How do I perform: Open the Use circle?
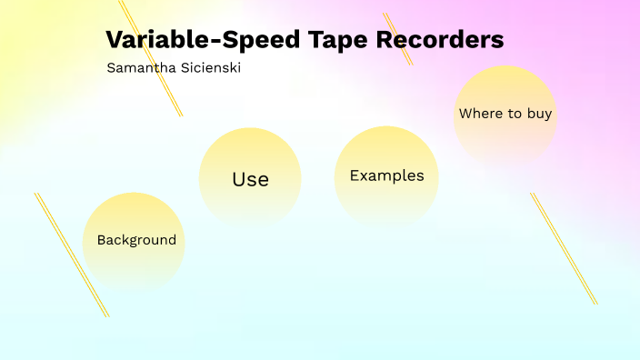tap(250, 177)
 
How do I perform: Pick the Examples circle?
tap(386, 176)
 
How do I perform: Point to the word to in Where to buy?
tap(511, 114)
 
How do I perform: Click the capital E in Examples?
tap(355, 175)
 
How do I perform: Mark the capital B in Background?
tap(102, 240)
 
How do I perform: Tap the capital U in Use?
tap(239, 179)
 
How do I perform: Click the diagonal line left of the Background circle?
tap(71, 254)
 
